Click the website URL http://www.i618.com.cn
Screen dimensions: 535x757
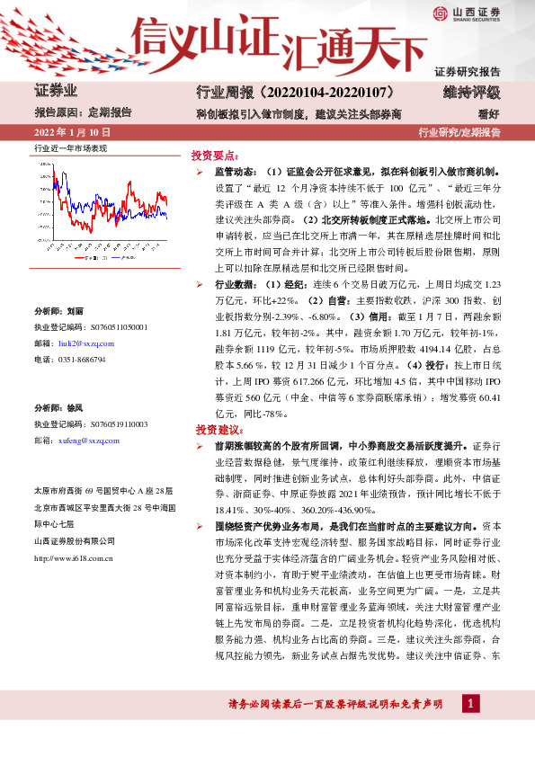click(x=73, y=558)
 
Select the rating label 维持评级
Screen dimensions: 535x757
click(x=471, y=93)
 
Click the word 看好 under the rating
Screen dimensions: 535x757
click(x=489, y=114)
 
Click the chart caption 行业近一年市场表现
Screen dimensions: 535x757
click(x=70, y=147)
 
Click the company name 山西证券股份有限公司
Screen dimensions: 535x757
click(x=75, y=541)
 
